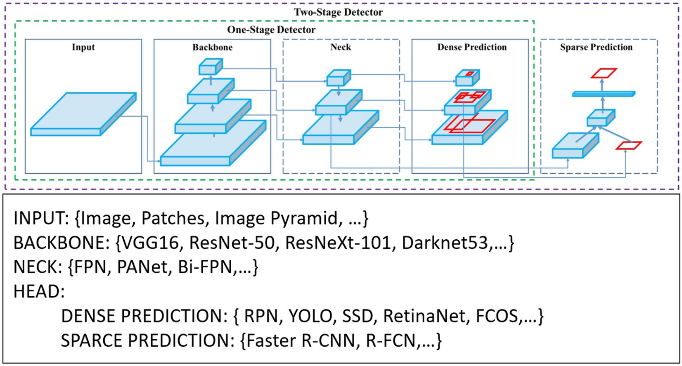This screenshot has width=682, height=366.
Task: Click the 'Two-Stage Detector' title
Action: coord(338,12)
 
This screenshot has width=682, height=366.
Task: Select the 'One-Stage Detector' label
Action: coord(271,30)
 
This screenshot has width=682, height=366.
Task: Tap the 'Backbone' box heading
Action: coord(212,47)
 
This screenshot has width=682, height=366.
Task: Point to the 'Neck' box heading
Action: coord(341,47)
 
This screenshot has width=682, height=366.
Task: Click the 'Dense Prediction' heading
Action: coord(472,47)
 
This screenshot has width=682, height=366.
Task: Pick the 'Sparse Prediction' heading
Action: coord(596,47)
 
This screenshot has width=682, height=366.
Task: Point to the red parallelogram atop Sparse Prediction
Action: coord(604,73)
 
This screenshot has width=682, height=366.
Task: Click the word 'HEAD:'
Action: coord(39,292)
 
